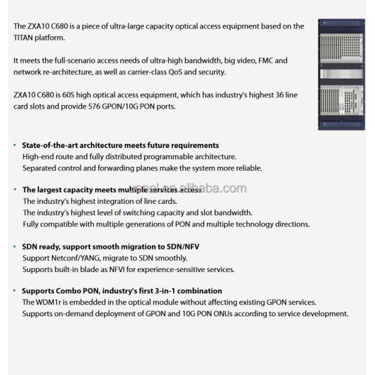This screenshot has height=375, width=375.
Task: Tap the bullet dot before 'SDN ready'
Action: (14, 247)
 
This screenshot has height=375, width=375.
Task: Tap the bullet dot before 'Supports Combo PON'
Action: (14, 291)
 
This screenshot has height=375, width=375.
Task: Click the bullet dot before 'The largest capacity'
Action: (14, 189)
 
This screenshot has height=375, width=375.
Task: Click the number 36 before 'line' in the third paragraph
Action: (276, 95)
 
